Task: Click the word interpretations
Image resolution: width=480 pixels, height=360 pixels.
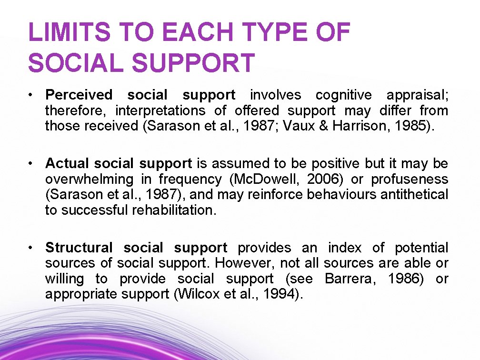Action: (x=160, y=110)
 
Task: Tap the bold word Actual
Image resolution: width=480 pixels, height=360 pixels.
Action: (x=67, y=164)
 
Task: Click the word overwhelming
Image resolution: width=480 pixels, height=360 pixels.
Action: (x=90, y=179)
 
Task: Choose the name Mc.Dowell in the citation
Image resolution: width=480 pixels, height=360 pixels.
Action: (x=272, y=179)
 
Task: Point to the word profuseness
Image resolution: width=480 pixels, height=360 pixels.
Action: (x=410, y=179)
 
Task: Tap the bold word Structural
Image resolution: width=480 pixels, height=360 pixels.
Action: (x=79, y=248)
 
